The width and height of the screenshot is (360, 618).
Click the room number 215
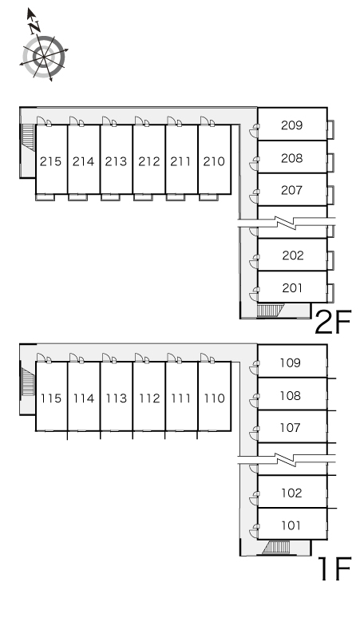pos(51,161)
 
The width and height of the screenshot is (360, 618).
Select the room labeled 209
pos(292,125)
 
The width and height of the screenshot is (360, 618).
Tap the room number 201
pos(292,288)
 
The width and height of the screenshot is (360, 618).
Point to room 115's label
pos(51,398)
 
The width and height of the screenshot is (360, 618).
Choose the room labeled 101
pos(291,525)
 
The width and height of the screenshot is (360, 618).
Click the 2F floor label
pos(333,322)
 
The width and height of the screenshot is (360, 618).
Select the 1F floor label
pos(334,568)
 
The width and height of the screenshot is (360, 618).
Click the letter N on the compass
pos(34,27)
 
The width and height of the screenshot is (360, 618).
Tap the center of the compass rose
pos(43,57)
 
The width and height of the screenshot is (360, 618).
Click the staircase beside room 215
pos(29,137)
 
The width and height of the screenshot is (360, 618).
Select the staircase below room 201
pos(270,311)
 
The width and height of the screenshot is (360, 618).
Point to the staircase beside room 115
pos(28,381)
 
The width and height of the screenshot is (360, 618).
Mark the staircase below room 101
pos(276,547)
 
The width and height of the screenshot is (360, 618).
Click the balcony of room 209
pos(330,129)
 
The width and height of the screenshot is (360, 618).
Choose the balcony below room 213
pos(110,197)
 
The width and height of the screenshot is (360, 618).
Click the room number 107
pos(291,428)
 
